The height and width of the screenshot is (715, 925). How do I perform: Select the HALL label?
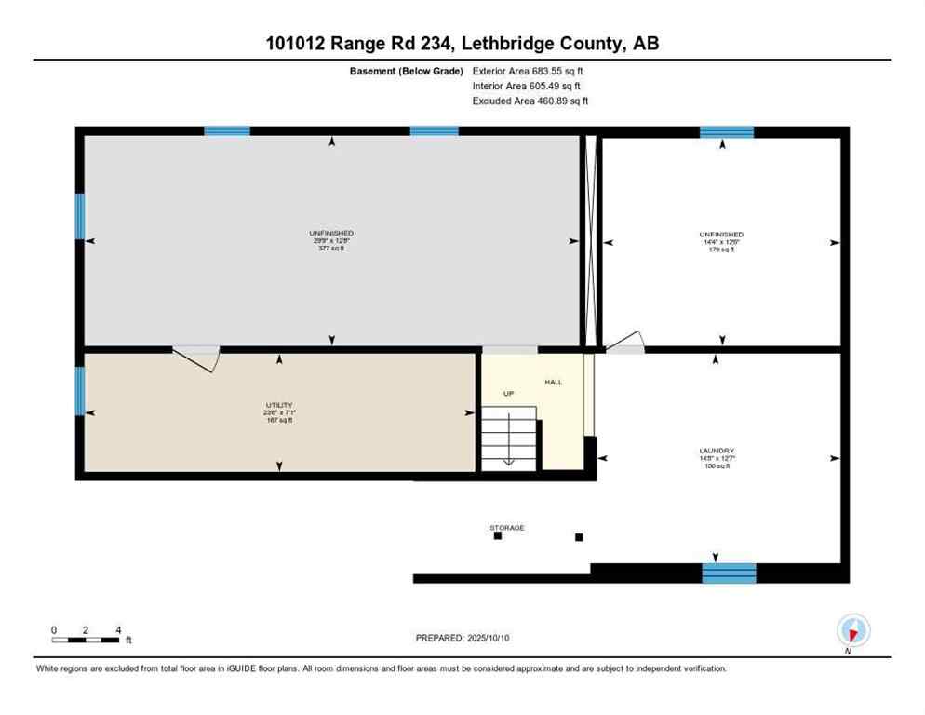[554, 382]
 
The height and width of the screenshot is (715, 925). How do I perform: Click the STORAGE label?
[507, 527]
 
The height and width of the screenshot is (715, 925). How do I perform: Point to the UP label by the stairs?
[508, 393]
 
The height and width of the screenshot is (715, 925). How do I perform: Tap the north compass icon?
[852, 630]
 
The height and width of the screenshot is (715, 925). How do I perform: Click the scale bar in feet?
[86, 640]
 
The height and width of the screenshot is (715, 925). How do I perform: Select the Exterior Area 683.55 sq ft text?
[528, 71]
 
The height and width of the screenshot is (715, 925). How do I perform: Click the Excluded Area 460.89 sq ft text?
[530, 101]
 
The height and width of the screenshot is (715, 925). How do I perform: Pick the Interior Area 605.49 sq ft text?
[527, 86]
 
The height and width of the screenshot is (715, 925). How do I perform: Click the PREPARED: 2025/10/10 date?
[462, 638]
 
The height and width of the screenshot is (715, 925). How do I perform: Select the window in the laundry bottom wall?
[729, 573]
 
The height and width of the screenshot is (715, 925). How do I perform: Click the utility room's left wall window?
[80, 390]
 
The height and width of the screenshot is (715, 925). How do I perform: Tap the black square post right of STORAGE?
[579, 537]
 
